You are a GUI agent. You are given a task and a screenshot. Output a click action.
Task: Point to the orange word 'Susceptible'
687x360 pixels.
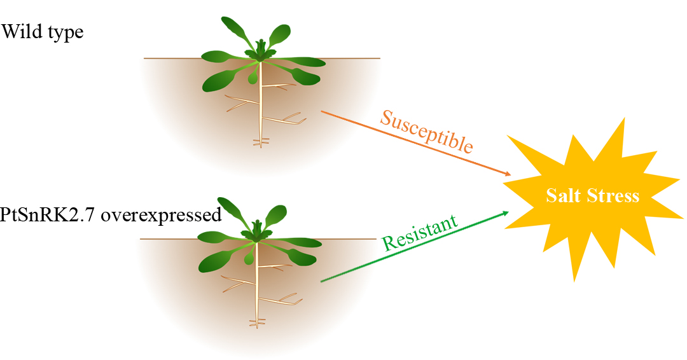click(x=426, y=131)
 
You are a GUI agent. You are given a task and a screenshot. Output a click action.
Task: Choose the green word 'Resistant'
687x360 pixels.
click(x=419, y=233)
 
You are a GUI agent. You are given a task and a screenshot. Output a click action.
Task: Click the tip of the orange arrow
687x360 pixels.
click(x=510, y=175)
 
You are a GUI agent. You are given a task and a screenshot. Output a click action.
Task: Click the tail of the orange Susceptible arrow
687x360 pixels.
click(x=322, y=111)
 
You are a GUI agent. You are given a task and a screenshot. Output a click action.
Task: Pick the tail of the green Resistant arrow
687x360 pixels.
click(x=321, y=280)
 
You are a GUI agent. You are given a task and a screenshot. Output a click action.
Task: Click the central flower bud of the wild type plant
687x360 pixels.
click(x=261, y=48)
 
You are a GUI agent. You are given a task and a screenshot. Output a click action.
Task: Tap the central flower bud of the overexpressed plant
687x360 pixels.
click(x=257, y=227)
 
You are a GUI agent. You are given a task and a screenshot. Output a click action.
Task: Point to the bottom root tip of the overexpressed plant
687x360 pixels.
click(x=257, y=326)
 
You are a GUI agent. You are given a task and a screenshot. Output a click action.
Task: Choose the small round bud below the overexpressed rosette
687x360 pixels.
click(x=249, y=259)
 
